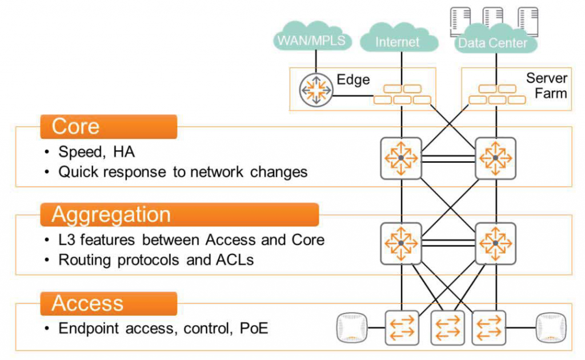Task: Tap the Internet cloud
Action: coord(398,42)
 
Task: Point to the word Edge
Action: coord(353,79)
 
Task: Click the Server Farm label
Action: coord(546,86)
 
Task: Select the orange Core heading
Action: coord(108,127)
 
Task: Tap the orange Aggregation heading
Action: coord(179,215)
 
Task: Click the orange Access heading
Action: coord(108,303)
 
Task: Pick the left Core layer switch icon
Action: coord(400,157)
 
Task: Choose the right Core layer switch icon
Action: coord(495,157)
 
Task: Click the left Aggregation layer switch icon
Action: coord(400,243)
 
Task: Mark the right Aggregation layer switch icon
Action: coord(495,243)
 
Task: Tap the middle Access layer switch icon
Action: coord(447,328)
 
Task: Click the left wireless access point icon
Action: coord(351,327)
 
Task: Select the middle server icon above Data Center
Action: coord(492,17)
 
